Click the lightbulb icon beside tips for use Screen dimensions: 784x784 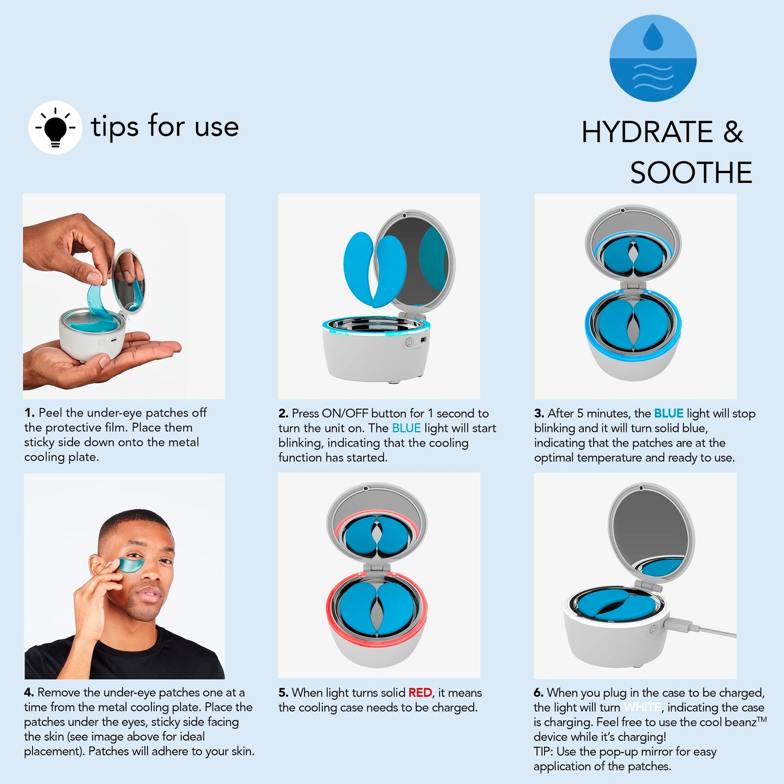point(55,128)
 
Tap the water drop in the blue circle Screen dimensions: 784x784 point(653,36)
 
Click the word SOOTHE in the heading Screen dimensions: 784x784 point(691,173)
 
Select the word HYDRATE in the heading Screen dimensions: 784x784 point(647,132)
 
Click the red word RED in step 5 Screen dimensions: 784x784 point(420,693)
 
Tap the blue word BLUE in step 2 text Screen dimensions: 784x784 point(406,428)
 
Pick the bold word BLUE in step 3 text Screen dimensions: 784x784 point(668,413)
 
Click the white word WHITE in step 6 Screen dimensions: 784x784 point(642,707)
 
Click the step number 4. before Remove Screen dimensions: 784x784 point(29,693)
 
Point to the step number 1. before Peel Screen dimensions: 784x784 point(29,413)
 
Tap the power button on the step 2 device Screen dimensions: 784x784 point(410,342)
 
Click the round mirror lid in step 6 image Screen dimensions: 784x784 point(651,529)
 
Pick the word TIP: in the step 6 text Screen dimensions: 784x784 point(544,752)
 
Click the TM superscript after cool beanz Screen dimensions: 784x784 point(762,719)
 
